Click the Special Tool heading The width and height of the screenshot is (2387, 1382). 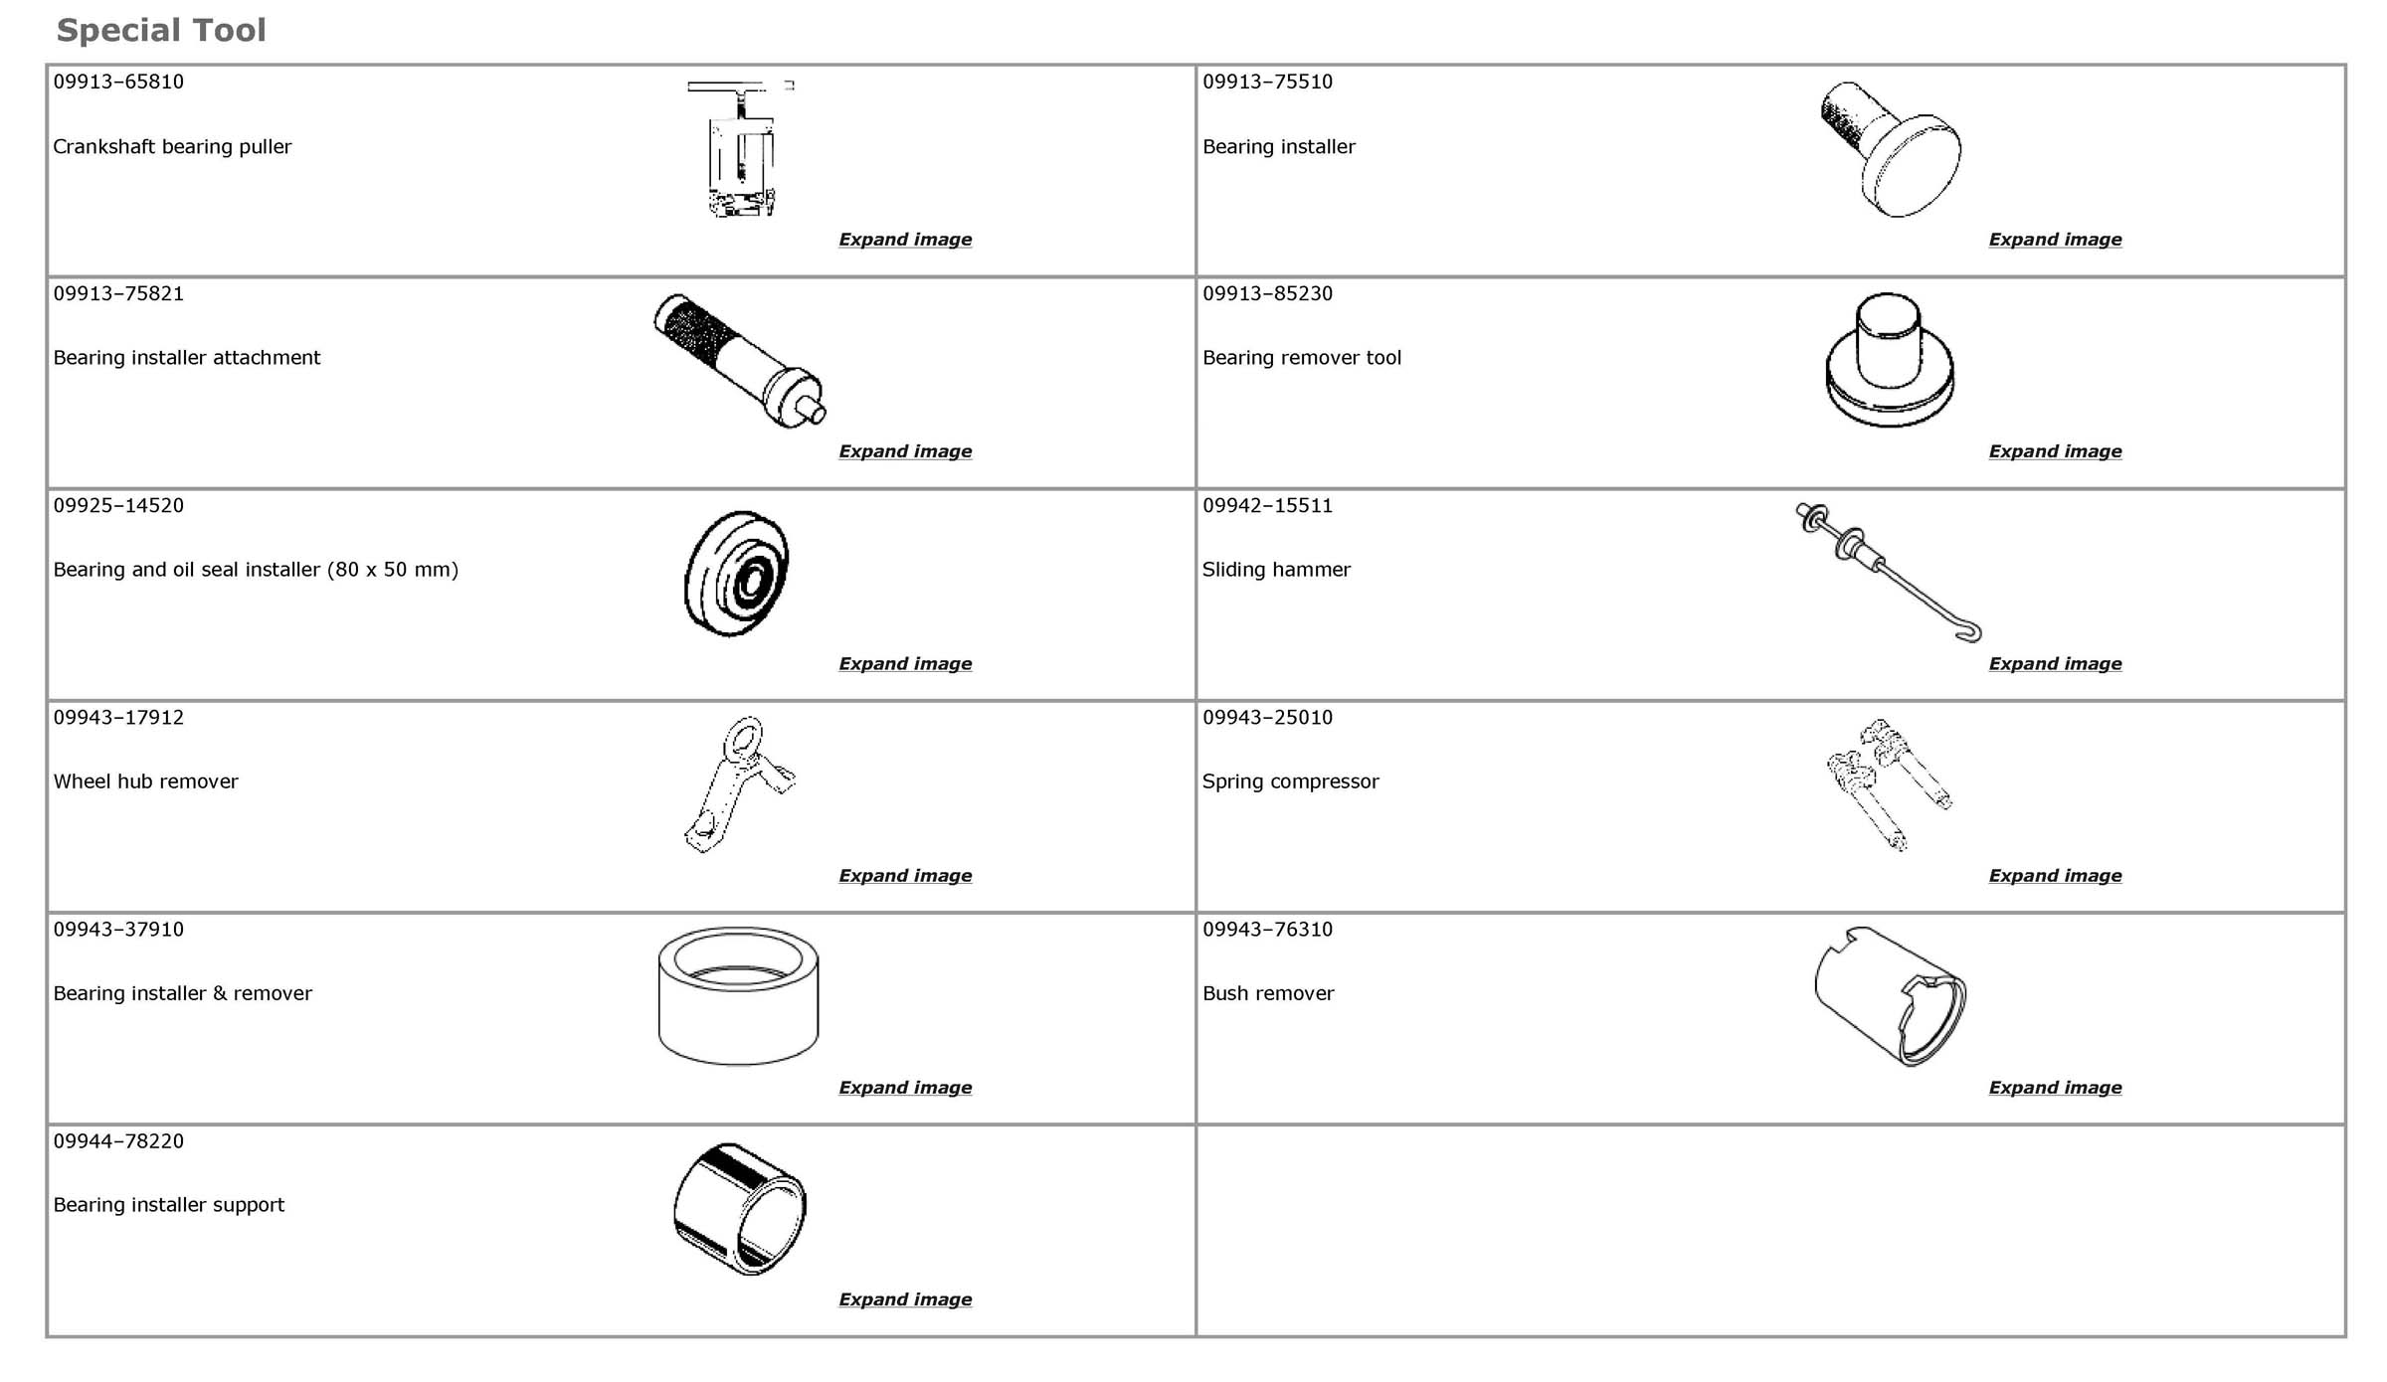161,31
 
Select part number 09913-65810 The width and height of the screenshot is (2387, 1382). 118,82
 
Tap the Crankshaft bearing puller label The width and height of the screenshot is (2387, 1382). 172,147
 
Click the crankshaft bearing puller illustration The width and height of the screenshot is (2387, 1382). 741,149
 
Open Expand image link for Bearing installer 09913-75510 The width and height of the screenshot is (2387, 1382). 2055,240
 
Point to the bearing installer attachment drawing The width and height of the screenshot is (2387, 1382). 738,361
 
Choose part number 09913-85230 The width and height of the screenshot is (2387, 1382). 1267,293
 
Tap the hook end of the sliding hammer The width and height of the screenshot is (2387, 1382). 1968,631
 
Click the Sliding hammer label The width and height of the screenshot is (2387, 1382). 1276,570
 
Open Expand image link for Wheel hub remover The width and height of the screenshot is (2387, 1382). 905,876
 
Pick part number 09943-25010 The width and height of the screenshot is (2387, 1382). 1267,717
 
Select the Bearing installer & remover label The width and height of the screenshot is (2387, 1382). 182,993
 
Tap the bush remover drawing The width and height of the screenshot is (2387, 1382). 1890,996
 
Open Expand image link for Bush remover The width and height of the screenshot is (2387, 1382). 2055,1088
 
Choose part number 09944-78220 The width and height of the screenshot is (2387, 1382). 118,1140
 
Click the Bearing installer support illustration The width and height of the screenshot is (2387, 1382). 739,1208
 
